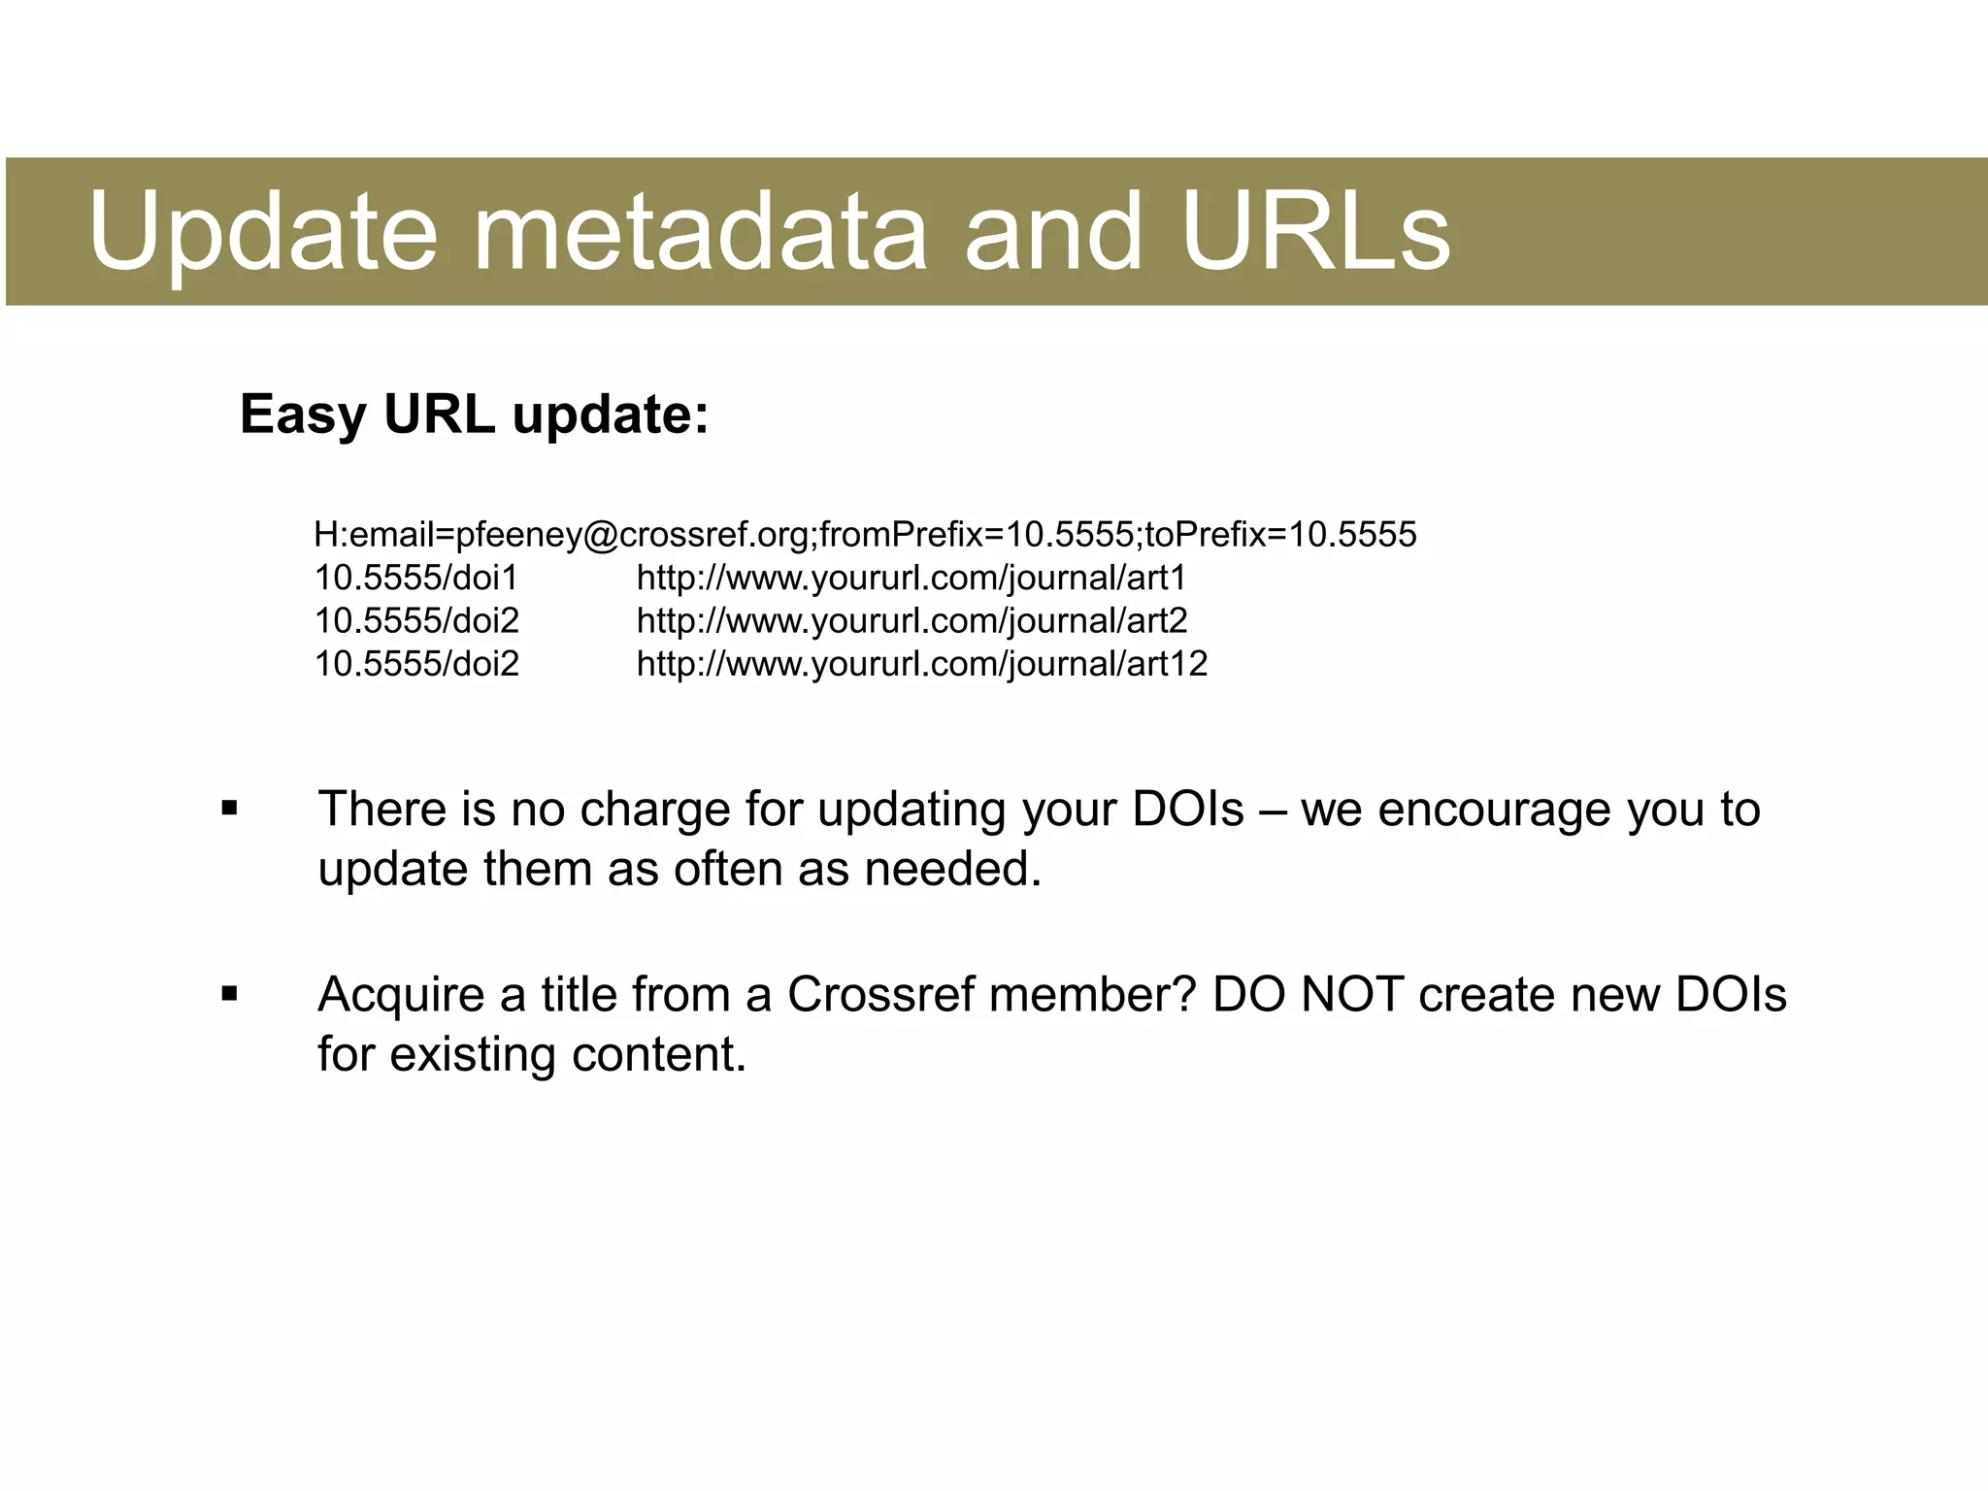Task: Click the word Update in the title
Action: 262,233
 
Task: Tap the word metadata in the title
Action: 699,233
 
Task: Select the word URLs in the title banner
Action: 1315,233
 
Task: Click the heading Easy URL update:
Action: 474,414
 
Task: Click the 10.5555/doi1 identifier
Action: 416,579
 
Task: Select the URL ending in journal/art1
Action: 911,579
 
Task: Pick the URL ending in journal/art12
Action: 921,664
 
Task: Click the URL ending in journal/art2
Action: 911,621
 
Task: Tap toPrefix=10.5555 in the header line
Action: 1280,535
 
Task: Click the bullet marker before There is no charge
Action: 229,809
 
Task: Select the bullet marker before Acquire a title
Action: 229,994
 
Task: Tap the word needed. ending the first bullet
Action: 952,869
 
